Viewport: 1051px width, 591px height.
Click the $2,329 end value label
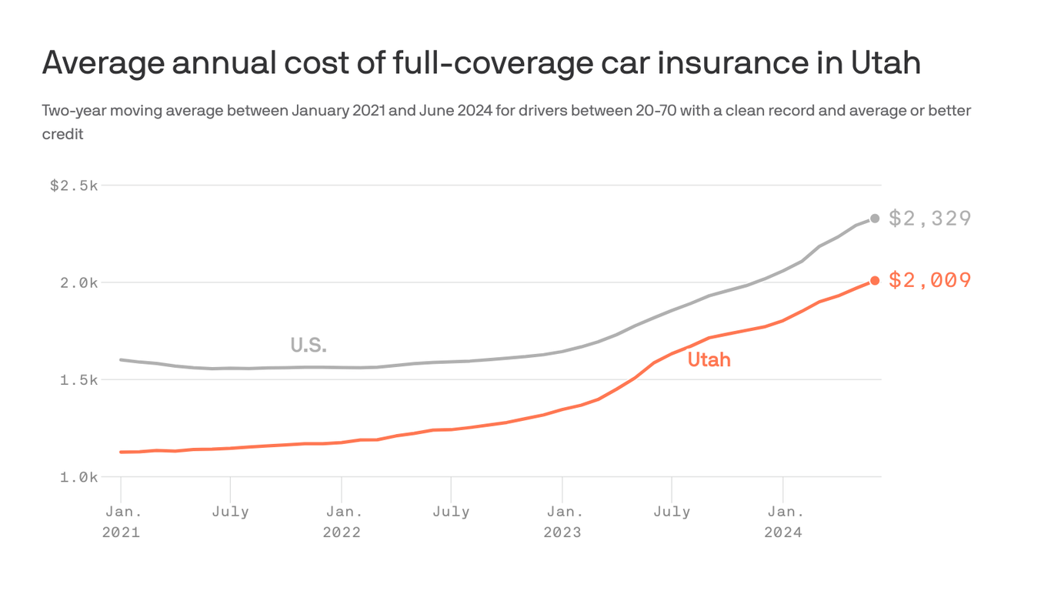pos(929,219)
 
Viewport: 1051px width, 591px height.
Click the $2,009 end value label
pos(929,280)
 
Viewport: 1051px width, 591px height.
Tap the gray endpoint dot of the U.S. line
pos(875,219)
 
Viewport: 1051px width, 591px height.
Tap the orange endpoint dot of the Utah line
pos(875,281)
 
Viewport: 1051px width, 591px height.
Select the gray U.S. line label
pos(309,346)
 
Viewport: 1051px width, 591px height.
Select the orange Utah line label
pos(709,359)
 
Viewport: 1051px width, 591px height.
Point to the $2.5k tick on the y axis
pos(74,185)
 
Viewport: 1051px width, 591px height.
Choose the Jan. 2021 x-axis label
pos(121,521)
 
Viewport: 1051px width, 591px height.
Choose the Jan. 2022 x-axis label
pos(341,521)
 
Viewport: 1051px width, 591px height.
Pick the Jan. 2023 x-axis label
pos(562,521)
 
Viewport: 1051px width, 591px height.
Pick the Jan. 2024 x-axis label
pos(782,521)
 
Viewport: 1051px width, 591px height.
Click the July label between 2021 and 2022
pos(230,511)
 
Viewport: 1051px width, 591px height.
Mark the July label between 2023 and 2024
pos(672,511)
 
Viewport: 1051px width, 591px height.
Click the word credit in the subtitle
pos(62,134)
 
